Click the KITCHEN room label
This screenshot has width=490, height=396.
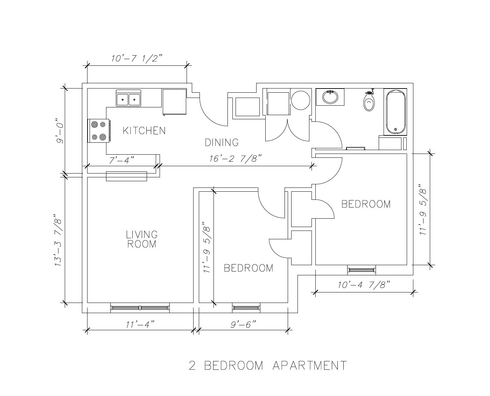(144, 130)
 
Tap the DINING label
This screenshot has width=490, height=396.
(222, 143)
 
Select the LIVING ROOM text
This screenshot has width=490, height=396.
(142, 239)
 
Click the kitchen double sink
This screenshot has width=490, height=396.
(128, 98)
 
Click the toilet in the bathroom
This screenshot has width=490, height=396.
(369, 101)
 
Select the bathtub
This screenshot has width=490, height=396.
(395, 112)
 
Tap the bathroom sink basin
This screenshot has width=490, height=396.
(330, 97)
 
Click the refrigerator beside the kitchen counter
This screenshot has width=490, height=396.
(174, 102)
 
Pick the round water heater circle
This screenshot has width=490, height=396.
(300, 100)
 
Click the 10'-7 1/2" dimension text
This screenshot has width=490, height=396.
(137, 58)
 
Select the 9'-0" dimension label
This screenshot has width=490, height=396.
(60, 131)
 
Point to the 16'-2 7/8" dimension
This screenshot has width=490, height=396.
(235, 159)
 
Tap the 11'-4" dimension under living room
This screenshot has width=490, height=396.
(140, 325)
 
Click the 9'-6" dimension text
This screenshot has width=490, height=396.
(243, 325)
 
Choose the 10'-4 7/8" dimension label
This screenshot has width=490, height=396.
(364, 285)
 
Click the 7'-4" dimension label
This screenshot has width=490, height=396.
(121, 160)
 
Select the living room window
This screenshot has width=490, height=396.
(140, 308)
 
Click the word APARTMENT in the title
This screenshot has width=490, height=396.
(309, 366)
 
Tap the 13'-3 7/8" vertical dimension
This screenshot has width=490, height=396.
(58, 240)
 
